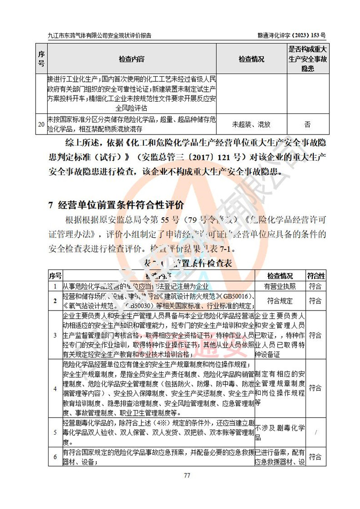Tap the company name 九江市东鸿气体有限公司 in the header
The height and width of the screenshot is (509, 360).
click(81, 35)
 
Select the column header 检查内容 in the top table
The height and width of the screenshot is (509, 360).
click(131, 59)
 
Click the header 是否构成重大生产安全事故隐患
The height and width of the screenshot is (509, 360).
click(307, 59)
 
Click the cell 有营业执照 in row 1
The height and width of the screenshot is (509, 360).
click(280, 286)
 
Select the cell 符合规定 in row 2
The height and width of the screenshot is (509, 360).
click(280, 300)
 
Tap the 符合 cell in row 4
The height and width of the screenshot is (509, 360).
click(316, 387)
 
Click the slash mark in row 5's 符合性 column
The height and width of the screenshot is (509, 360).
click(316, 432)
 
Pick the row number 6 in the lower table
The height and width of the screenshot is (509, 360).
click(55, 457)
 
